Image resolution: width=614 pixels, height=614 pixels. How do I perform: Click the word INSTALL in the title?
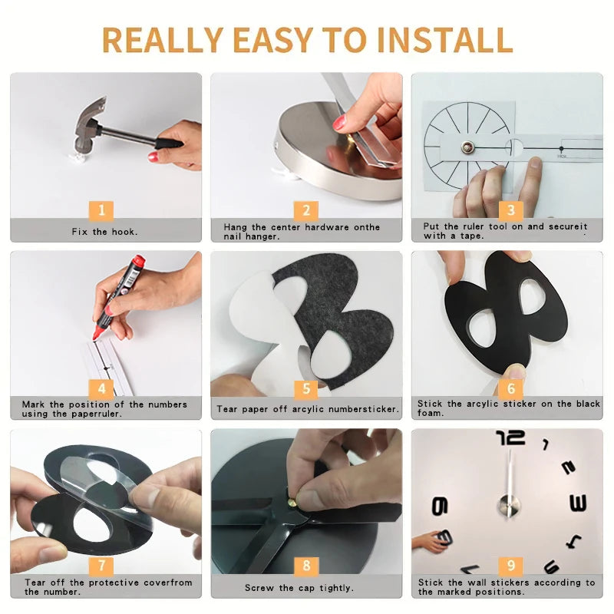[x=444, y=40]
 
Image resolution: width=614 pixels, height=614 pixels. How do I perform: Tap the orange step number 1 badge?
[x=101, y=210]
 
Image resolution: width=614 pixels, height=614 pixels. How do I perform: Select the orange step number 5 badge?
[x=306, y=388]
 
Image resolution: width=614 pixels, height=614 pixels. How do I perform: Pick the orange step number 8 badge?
[x=306, y=566]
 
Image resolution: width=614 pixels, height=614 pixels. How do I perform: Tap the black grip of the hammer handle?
[x=168, y=144]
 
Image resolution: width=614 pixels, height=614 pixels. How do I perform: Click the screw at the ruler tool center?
[x=467, y=147]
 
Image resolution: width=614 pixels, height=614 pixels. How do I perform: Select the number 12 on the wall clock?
[x=510, y=437]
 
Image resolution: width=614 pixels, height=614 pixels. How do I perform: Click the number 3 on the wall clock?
[x=578, y=503]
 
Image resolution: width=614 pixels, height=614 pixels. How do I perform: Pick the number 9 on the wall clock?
[x=439, y=506]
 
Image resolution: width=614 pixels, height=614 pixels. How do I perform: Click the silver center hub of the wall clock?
[x=509, y=505]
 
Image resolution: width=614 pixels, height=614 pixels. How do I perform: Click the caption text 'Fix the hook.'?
[x=104, y=232]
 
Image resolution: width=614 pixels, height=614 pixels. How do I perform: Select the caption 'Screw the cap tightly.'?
[x=299, y=588]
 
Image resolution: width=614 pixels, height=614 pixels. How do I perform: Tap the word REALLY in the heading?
[x=163, y=40]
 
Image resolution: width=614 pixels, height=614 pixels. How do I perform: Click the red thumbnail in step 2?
[x=339, y=123]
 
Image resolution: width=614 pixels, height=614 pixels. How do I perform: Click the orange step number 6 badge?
[x=510, y=388]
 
